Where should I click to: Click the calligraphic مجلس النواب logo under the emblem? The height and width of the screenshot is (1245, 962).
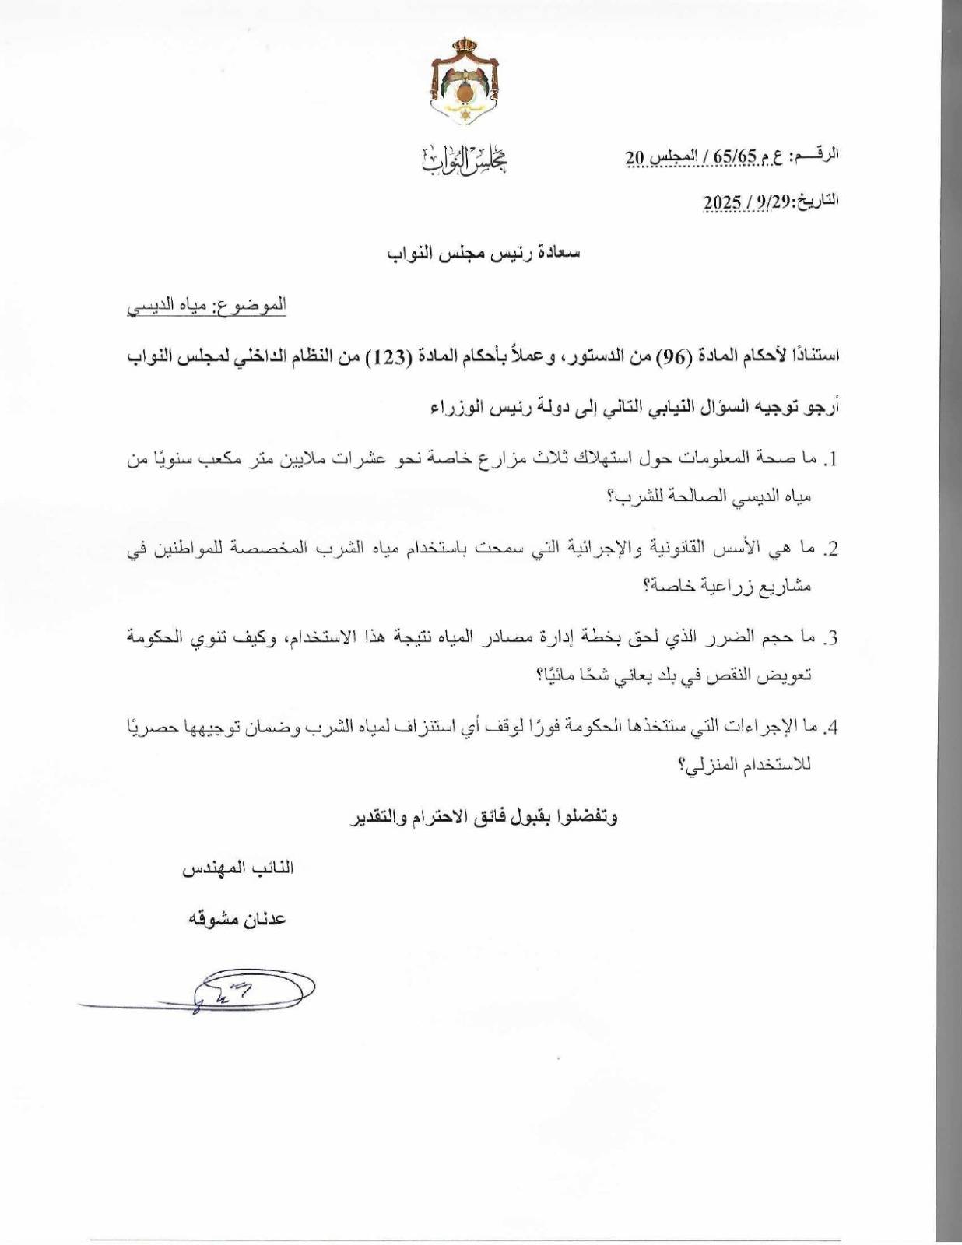click(x=464, y=160)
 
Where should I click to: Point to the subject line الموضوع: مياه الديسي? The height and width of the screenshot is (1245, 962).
click(x=206, y=304)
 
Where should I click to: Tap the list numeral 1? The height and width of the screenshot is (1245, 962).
click(x=830, y=461)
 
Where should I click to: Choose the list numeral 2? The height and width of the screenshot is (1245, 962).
click(x=830, y=550)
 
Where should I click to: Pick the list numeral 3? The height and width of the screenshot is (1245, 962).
click(x=830, y=639)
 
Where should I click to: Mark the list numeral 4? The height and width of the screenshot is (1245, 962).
click(x=830, y=728)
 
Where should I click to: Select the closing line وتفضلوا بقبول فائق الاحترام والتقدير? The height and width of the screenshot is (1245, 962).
click(x=482, y=818)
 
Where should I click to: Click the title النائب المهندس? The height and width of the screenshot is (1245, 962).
click(x=238, y=868)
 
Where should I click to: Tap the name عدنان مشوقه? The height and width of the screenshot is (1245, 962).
click(x=237, y=919)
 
